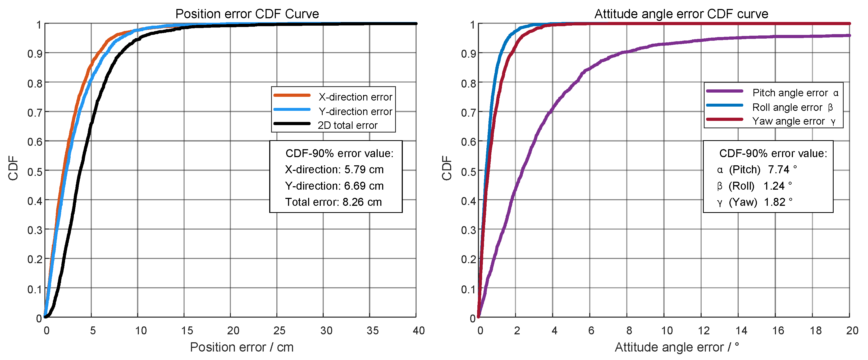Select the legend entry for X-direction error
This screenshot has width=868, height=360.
tap(355, 97)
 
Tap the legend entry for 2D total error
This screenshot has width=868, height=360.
tap(348, 125)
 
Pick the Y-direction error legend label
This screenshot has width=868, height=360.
tap(355, 112)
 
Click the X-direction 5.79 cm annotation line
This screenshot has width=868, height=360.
tap(334, 170)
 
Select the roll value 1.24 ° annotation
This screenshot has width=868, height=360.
tap(777, 186)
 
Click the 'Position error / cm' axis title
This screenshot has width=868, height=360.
tap(242, 347)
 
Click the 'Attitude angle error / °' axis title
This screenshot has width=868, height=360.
tap(677, 347)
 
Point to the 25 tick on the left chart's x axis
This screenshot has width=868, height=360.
tap(279, 331)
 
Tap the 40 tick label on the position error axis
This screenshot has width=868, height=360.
tap(418, 331)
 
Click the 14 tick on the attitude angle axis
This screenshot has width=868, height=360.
tap(741, 331)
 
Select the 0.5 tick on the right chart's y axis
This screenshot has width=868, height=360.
tap(468, 172)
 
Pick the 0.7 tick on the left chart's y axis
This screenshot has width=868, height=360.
tap(35, 113)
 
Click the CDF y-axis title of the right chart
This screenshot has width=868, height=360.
tap(447, 168)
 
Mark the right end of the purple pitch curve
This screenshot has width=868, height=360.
tap(849, 35)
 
